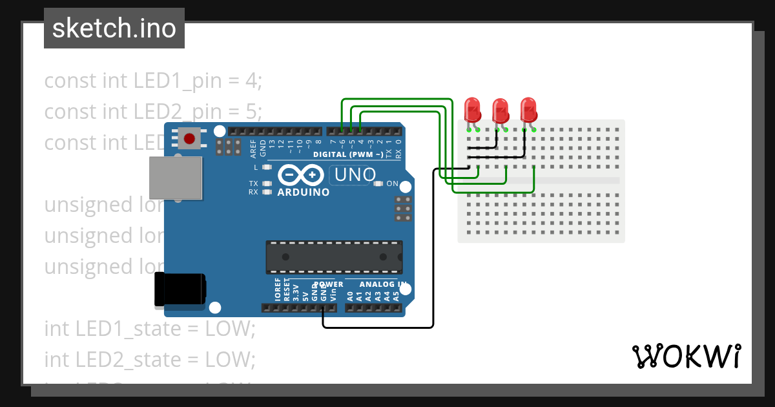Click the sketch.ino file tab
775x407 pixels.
114,28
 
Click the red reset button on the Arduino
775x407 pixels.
190,138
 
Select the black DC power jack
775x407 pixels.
180,289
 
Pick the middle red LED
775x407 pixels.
501,111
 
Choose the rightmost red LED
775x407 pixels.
528,110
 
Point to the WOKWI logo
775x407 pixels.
685,356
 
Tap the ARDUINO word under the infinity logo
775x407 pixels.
303,193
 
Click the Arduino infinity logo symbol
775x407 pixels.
301,175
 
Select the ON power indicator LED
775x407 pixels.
378,184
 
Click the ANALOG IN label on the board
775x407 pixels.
383,284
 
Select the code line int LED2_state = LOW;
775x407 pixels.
150,359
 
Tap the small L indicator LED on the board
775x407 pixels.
265,167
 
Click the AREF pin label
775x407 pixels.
254,148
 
